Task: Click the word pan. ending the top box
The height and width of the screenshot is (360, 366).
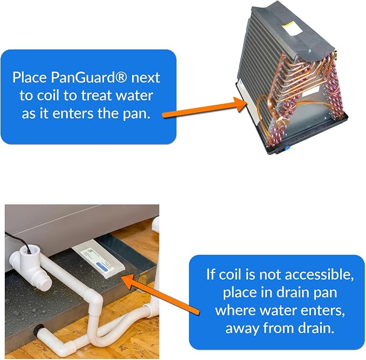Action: [136, 114]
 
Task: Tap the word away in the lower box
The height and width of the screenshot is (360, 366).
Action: [242, 329]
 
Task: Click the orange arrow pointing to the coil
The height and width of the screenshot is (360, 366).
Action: [204, 107]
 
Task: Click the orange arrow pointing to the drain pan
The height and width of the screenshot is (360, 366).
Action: [161, 294]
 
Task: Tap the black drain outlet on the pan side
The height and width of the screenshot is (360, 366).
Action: [38, 330]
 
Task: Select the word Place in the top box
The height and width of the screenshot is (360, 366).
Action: [30, 77]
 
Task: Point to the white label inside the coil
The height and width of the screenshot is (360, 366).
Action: [310, 92]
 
